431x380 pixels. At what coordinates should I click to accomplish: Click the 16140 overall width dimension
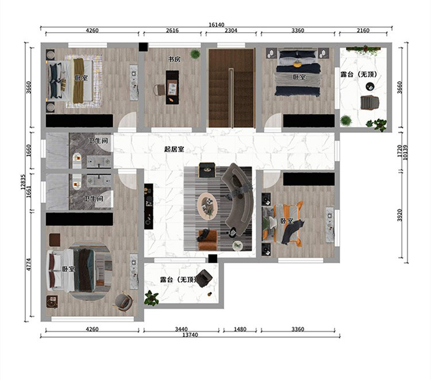[216, 25]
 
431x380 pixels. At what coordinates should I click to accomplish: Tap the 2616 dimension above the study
[172, 30]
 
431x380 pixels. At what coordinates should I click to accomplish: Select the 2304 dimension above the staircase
[231, 30]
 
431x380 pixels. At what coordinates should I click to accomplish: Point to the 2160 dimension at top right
[363, 30]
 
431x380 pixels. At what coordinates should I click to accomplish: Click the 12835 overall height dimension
[23, 182]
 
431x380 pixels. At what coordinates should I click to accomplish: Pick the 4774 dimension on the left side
[29, 264]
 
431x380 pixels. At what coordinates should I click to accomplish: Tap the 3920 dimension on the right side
[399, 215]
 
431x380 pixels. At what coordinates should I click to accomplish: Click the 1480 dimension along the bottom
[240, 329]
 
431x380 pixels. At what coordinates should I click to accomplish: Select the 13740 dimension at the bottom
[190, 335]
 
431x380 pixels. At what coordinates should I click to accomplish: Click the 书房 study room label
[174, 59]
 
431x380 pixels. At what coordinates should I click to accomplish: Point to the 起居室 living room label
[174, 149]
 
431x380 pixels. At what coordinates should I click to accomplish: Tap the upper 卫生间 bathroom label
[98, 140]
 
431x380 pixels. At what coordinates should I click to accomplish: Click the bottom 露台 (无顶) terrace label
[179, 279]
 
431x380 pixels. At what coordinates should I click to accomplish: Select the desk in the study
[172, 87]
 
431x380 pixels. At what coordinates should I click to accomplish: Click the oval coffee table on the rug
[207, 206]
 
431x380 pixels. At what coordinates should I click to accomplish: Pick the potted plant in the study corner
[195, 53]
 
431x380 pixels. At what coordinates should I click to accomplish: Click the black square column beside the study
[143, 47]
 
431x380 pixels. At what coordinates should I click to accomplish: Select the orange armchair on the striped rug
[208, 240]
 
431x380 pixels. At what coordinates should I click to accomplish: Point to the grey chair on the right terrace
[370, 102]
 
